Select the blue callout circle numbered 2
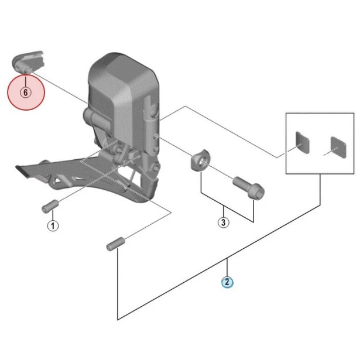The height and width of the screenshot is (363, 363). coord(227,282)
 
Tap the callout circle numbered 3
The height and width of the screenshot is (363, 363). coord(223,222)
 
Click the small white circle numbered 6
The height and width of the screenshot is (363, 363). coord(25,92)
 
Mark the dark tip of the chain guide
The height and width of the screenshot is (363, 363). coord(25,172)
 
